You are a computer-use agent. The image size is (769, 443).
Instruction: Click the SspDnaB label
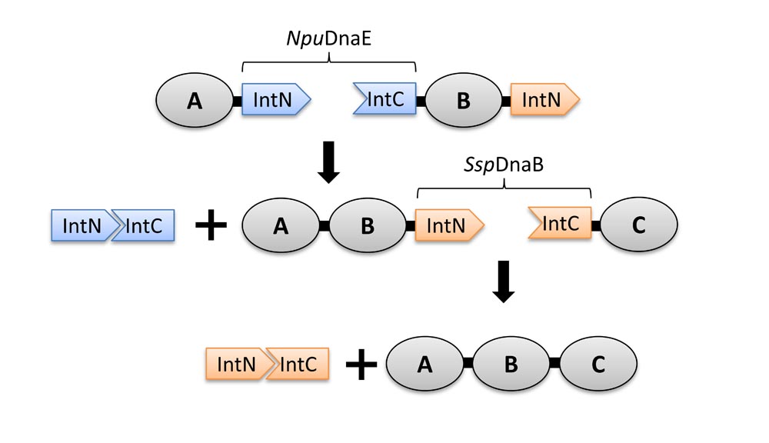click(503, 166)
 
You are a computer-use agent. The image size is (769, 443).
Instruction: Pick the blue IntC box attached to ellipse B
click(385, 100)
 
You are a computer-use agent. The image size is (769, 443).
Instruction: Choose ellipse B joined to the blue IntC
click(463, 101)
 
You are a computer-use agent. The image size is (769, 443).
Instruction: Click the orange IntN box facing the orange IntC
click(448, 225)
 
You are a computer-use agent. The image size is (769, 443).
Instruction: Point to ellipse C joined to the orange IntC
click(638, 225)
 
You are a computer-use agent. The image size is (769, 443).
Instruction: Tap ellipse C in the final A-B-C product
click(598, 365)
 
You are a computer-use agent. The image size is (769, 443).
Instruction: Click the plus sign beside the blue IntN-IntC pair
click(209, 227)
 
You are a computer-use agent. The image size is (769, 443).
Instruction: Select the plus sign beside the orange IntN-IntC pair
click(360, 365)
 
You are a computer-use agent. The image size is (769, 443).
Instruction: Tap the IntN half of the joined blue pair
click(80, 226)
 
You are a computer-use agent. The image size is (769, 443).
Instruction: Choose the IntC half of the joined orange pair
click(298, 364)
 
